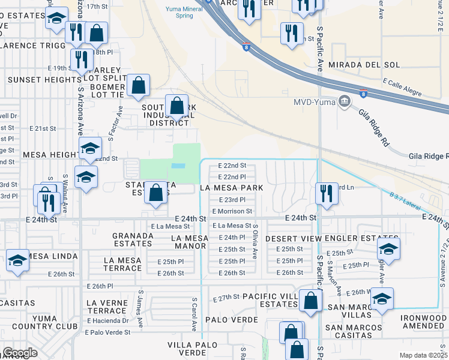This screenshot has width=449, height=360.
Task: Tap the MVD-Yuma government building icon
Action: click(x=345, y=100)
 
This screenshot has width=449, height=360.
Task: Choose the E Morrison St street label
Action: click(x=232, y=211)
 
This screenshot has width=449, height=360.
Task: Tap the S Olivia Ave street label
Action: click(x=255, y=242)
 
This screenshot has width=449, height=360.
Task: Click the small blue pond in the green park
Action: click(x=178, y=166)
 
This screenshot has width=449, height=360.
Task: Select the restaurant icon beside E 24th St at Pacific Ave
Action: click(x=326, y=193)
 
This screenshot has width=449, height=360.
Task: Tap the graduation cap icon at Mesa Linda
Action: click(x=17, y=261)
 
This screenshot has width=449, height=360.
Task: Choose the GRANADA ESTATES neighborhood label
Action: click(x=132, y=239)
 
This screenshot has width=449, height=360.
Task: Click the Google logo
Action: click(x=20, y=352)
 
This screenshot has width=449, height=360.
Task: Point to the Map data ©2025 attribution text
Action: click(x=423, y=355)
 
